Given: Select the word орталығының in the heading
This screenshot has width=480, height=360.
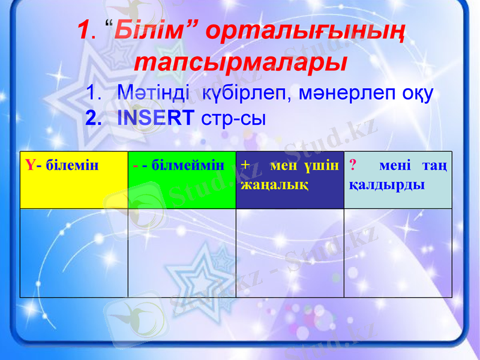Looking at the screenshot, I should (x=304, y=32).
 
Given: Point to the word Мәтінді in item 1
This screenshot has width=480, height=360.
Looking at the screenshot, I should (x=154, y=94).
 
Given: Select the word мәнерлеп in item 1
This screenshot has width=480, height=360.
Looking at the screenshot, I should (x=342, y=94).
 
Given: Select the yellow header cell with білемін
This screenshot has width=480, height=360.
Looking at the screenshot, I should (x=74, y=180).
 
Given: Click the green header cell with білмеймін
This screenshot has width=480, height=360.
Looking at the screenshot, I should (x=182, y=180).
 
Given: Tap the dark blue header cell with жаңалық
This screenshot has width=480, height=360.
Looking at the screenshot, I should (x=290, y=180).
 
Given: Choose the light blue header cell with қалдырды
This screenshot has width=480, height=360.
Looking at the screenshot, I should (x=398, y=180).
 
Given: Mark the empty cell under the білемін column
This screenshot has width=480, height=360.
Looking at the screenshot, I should (x=74, y=253).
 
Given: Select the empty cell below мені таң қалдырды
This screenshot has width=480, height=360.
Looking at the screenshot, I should (x=398, y=253).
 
